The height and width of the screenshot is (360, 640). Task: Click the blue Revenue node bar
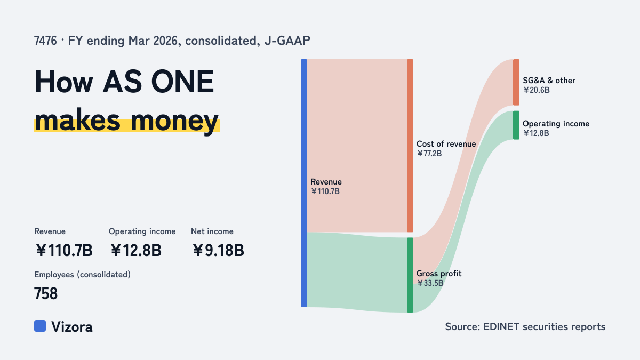(x=304, y=183)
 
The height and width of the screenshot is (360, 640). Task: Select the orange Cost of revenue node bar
(x=410, y=146)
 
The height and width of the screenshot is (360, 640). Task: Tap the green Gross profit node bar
(x=410, y=275)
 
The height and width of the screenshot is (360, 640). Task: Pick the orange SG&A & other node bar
(x=516, y=82)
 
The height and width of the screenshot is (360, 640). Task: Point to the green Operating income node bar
(x=516, y=125)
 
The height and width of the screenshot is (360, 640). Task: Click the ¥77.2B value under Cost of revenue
(x=429, y=154)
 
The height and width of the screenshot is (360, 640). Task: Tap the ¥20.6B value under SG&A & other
(x=537, y=90)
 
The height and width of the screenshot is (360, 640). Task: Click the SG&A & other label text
(x=549, y=81)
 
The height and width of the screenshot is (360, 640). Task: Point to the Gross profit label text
(x=439, y=274)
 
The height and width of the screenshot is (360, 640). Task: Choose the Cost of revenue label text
(x=446, y=143)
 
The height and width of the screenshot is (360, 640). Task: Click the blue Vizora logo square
(x=40, y=326)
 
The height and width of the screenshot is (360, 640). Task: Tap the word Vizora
(x=72, y=327)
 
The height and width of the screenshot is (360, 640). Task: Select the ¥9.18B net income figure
(x=218, y=251)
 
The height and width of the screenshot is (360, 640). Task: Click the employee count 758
(x=46, y=294)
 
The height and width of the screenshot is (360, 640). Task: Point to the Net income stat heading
(x=212, y=231)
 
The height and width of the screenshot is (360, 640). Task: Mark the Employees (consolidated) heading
(x=82, y=275)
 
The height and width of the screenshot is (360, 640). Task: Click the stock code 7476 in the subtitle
(x=45, y=41)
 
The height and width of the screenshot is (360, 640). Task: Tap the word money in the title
(x=174, y=121)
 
